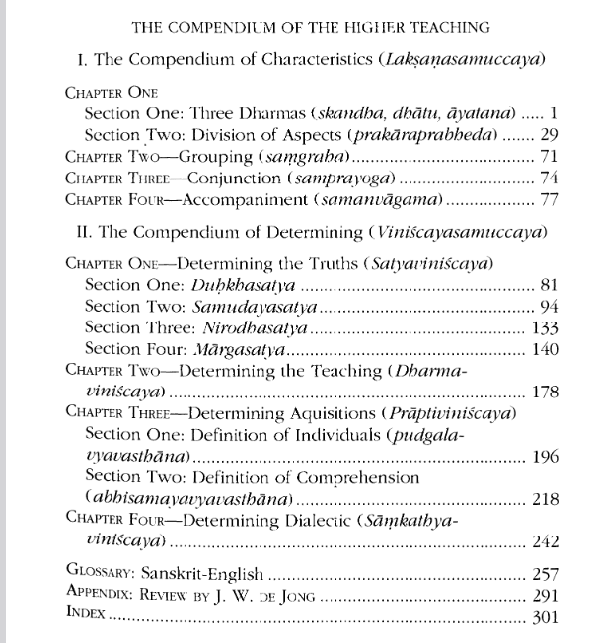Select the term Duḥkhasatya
254,286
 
